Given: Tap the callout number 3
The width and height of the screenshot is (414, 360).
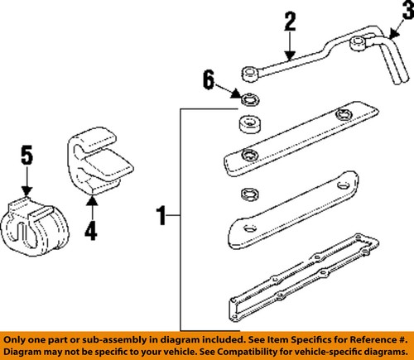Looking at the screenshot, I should click(406, 11).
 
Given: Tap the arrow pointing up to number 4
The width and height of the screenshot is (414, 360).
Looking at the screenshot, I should click(91, 203).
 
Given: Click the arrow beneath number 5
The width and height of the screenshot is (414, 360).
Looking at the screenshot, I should click(26, 182).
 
